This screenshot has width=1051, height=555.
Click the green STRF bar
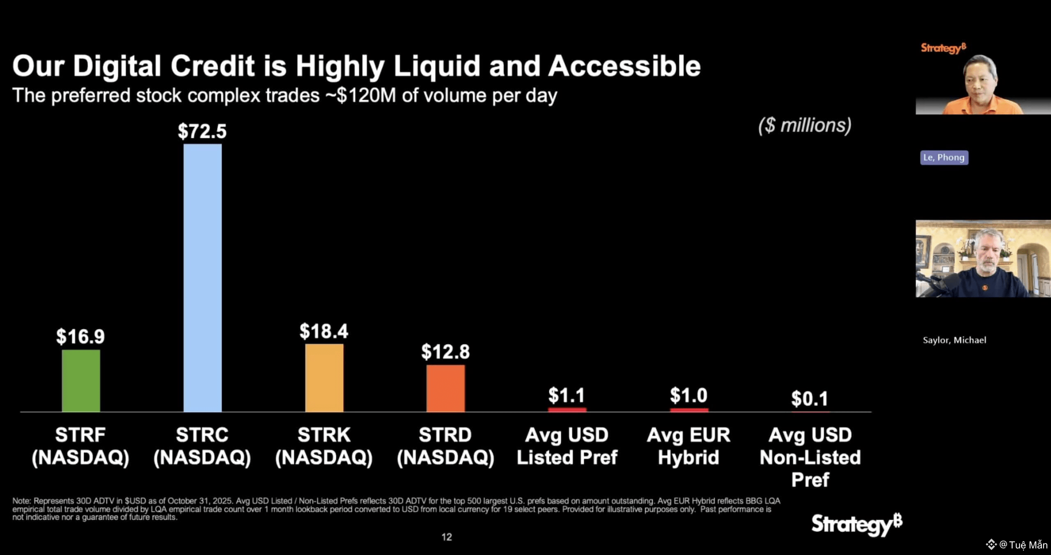81,381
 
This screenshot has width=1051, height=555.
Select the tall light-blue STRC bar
202,278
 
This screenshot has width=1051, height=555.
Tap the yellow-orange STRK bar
324,378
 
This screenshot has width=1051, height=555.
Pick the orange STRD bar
445,388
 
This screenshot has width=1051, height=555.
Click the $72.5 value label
202,131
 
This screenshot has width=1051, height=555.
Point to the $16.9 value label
80,337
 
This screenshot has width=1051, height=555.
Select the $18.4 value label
324,331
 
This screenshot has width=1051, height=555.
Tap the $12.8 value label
445,352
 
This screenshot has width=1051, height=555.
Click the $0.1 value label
810,399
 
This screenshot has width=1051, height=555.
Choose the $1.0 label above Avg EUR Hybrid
688,395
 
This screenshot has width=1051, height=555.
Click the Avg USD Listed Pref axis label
567,446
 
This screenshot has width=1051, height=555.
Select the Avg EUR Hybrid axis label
688,446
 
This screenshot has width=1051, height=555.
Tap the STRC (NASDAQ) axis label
202,446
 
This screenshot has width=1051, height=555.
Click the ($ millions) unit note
805,125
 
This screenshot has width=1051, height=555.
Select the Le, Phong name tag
944,158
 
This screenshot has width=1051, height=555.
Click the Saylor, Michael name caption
954,340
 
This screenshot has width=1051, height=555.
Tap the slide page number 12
447,537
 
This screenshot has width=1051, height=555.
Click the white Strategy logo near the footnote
856,524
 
